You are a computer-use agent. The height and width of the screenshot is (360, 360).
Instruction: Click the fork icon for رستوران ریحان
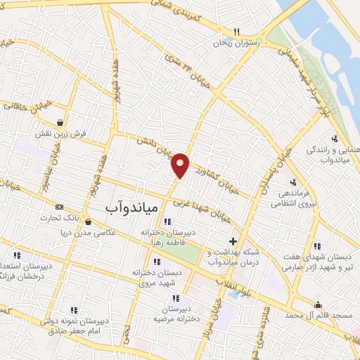237,32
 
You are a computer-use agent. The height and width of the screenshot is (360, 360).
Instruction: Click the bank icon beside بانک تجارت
59,207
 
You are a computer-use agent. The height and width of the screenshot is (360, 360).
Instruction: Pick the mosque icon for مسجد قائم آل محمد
318,304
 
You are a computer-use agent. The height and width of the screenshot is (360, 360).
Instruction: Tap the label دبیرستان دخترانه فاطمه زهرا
166,237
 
